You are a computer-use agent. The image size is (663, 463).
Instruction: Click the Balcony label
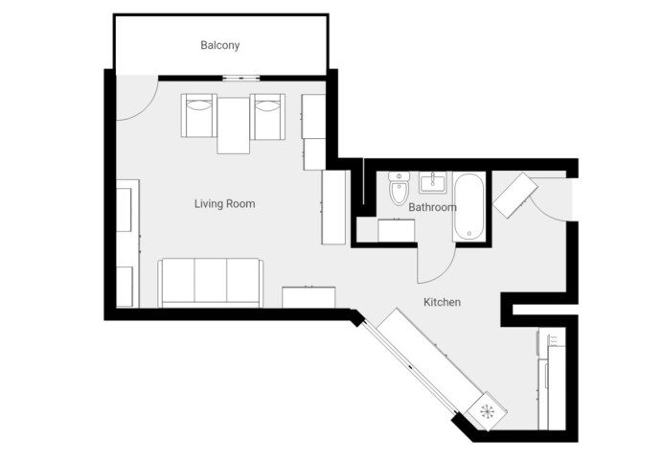point(219,45)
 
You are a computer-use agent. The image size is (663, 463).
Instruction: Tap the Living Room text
point(224,203)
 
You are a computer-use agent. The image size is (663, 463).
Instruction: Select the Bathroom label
point(432,207)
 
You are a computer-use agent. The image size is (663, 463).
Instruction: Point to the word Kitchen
point(442,302)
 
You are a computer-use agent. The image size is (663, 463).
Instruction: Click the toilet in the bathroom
point(399,188)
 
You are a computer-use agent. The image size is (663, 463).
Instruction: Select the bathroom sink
point(432,182)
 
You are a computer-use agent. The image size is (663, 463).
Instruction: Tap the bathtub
point(469,207)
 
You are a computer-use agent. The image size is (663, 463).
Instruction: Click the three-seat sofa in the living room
point(211,283)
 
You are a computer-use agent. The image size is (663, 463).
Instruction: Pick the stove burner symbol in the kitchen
point(487,410)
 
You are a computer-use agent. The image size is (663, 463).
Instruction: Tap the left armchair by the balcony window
point(198,116)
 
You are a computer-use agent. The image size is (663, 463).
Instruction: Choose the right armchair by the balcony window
point(267,116)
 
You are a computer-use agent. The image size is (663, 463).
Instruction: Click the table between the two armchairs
point(233,126)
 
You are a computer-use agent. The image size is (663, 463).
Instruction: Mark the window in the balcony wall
point(240,78)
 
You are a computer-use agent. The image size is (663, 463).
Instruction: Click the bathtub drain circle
point(469,233)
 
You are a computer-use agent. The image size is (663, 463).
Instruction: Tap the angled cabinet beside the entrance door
point(515,195)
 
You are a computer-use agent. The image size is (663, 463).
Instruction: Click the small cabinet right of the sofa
point(309,297)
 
